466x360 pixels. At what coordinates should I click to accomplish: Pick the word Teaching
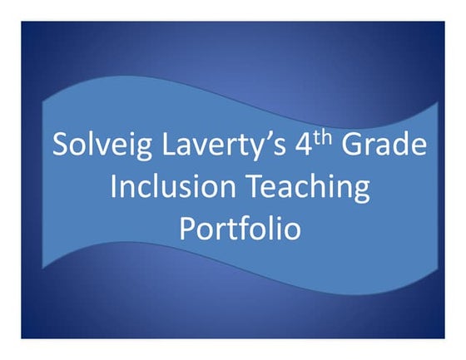307,188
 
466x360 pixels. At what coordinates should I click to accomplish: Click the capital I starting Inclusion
114,186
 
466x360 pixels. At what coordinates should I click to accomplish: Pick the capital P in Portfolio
188,228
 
